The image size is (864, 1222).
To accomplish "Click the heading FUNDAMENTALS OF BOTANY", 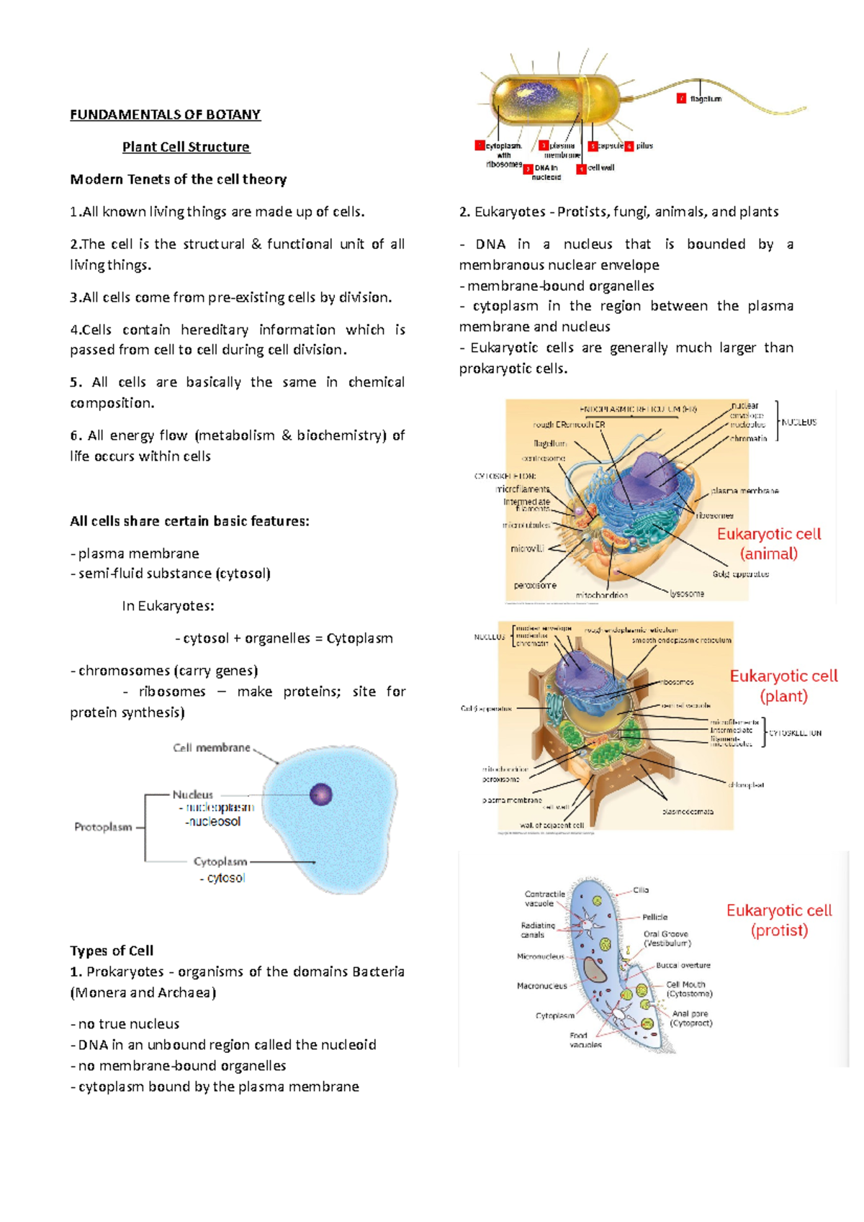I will pos(165,114).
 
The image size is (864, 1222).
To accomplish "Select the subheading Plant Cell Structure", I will pos(186,147).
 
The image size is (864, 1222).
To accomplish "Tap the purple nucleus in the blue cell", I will pos(320,795).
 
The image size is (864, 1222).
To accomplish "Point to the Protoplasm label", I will pos(103,827).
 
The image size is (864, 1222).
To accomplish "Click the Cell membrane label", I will pos(212,748).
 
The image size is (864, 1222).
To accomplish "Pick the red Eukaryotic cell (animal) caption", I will pos(769,543).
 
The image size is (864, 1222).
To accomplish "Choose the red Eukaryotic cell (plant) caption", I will pos(783,686).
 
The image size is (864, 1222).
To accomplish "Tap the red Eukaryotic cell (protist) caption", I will pos(779,920).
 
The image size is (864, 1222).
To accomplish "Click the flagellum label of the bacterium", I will pos(706,99).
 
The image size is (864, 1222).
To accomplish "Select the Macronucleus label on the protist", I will pos(541,986).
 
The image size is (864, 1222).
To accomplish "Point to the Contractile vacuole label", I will pos(544,898).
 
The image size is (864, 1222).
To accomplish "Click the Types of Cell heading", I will pos(112,951).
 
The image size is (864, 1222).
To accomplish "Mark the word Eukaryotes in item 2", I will pos(510,212).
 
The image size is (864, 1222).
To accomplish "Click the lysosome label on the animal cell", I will pos(687,594).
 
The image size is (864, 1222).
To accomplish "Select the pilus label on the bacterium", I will pos(644,146).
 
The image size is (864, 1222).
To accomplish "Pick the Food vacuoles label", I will pos(585,1040).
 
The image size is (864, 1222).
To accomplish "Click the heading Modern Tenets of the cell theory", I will pos(178,179).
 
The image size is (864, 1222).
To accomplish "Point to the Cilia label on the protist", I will pos(641,890).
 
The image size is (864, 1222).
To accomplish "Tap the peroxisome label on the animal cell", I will pos(535,585).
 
